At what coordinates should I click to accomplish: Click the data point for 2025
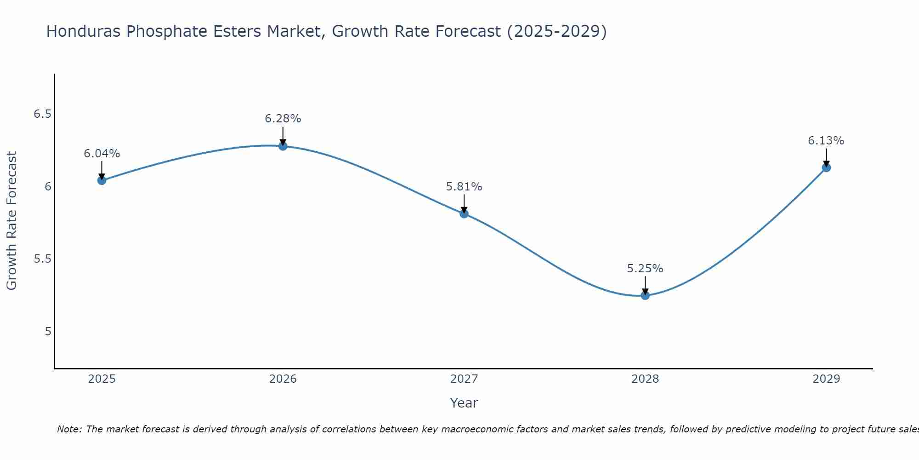102,180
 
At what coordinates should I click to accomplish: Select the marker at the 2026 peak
283,146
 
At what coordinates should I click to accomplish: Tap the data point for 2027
464,213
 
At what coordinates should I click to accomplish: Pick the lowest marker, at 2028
645,295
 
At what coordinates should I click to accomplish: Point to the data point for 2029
826,167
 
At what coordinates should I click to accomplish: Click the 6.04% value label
102,154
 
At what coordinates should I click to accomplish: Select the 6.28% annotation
283,119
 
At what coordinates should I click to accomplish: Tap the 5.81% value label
464,187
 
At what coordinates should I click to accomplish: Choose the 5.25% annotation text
645,269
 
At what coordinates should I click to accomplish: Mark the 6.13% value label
826,141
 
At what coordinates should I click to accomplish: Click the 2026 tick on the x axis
283,379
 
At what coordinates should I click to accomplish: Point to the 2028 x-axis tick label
645,379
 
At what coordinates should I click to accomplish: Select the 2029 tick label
826,379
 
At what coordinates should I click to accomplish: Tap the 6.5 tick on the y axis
42,114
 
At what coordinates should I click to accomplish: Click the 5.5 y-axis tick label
42,259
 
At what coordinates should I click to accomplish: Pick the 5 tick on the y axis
48,332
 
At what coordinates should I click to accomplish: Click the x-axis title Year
464,403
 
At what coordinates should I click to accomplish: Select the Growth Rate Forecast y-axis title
11,221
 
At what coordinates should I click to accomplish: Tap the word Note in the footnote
69,429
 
